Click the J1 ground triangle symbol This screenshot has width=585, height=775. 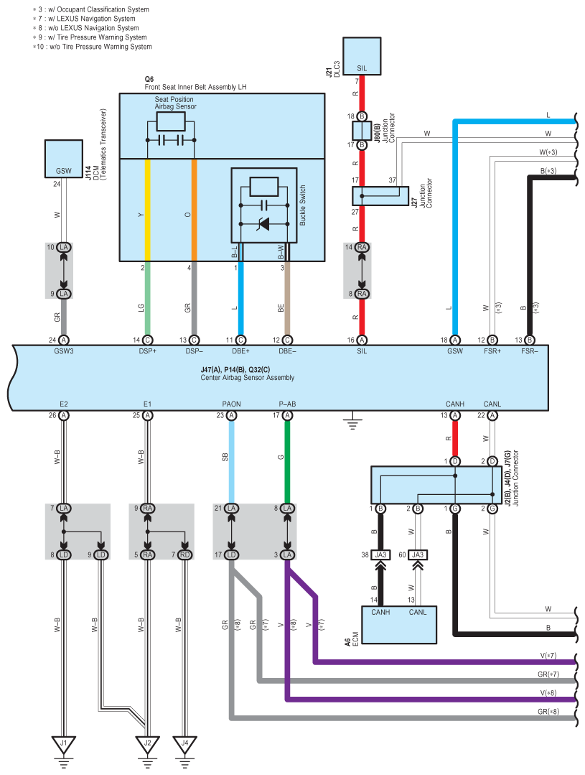[63, 743]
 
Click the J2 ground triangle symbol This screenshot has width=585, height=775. [147, 743]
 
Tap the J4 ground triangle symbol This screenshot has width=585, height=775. [184, 743]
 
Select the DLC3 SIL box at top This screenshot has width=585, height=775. [362, 56]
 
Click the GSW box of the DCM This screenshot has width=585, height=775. [63, 159]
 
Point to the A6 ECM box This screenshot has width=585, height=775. [399, 625]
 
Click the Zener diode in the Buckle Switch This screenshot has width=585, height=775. [264, 224]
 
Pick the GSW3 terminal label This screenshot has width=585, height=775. [64, 351]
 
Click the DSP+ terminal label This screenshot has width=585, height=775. [147, 351]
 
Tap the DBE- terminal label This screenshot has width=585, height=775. [288, 351]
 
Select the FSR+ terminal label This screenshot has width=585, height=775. [492, 351]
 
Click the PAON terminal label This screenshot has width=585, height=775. [231, 404]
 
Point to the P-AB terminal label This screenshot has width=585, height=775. [288, 404]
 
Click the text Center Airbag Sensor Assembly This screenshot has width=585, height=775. [247, 378]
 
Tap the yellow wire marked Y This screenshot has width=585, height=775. [147, 210]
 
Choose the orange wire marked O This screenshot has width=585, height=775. [195, 210]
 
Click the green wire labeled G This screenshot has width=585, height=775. [288, 462]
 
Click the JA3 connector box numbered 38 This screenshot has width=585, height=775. [380, 554]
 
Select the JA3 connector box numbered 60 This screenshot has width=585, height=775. [418, 554]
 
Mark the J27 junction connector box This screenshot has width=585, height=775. [380, 196]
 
